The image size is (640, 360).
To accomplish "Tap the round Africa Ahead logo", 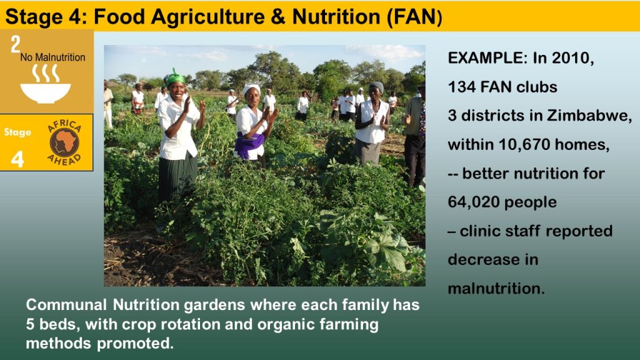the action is pos(64,142).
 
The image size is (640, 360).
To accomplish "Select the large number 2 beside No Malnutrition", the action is pos(16,44).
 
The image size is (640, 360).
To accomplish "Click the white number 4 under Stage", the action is pos(17,159).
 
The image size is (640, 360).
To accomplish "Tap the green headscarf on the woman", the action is pos(175,77).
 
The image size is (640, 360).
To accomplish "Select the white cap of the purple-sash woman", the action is pos(251,88).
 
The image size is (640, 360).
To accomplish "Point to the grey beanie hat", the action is pos(376,86).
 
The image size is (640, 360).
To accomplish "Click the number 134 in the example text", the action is pos(462,87).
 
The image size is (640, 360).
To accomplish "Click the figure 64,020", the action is pos(473,202).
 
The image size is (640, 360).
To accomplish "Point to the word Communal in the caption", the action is pos(66,305).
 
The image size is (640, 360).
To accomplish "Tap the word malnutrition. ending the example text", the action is pos(496,289).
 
